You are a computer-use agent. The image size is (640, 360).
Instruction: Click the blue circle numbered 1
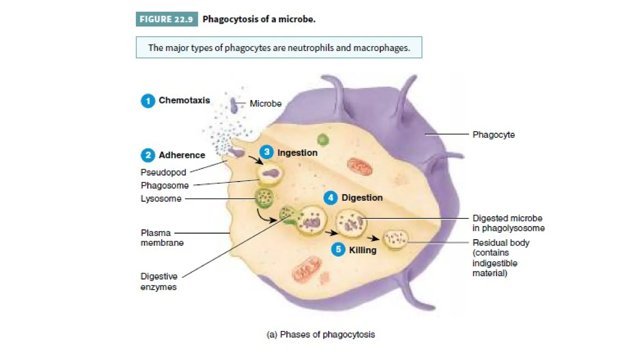148,101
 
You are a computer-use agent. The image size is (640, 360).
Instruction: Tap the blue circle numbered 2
148,155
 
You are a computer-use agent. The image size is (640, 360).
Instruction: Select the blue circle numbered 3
267,152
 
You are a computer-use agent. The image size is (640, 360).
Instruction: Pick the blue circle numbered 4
330,198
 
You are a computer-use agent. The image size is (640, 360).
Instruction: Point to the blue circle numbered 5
338,250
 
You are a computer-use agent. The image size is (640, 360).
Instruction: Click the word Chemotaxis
184,100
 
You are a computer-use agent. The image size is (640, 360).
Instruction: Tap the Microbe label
265,103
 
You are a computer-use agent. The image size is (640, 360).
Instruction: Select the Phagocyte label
493,135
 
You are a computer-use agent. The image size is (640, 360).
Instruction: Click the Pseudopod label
163,172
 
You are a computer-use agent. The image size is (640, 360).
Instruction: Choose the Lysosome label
161,198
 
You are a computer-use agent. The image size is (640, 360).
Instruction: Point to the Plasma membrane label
162,238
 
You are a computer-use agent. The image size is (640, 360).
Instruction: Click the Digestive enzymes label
159,282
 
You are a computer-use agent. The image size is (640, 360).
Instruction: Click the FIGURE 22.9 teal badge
167,19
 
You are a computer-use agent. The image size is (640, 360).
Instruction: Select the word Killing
362,250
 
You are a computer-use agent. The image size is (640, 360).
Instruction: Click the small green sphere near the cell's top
323,139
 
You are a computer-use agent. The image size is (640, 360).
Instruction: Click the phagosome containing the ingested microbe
270,173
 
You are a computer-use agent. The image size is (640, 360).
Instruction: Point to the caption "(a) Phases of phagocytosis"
321,334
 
